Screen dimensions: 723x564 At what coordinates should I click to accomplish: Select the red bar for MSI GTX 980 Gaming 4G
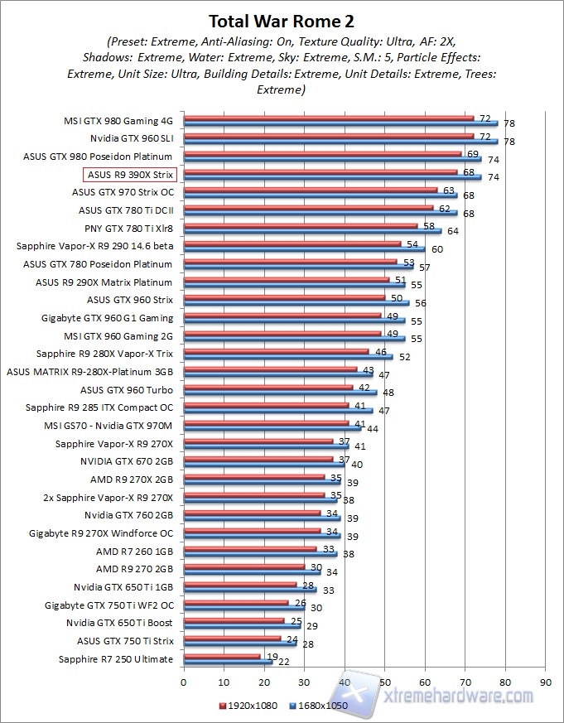(328, 118)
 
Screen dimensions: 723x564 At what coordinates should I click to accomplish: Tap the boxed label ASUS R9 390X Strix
(130, 175)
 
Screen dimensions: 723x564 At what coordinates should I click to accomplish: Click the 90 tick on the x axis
(545, 683)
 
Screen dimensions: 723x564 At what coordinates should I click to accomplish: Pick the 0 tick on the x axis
(184, 683)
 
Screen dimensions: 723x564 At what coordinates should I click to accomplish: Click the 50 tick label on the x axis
(384, 683)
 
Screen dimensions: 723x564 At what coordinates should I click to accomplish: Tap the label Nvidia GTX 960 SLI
(131, 138)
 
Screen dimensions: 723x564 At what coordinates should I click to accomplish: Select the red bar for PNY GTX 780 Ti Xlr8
(300, 225)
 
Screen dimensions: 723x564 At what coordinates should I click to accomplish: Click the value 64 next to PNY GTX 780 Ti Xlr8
(453, 231)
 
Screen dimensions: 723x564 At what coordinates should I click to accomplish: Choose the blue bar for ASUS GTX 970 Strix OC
(320, 195)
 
